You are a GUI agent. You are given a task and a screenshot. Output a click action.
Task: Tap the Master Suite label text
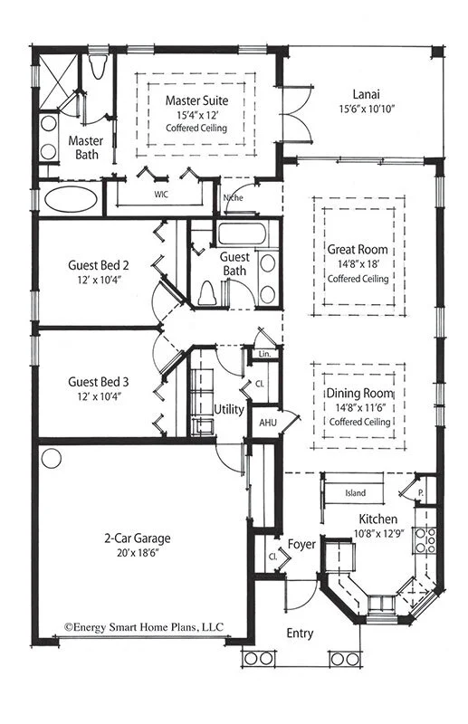tap(196, 100)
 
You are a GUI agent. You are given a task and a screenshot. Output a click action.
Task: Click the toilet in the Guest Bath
tap(209, 291)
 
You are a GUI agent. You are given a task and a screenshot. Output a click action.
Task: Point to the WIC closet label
tap(161, 194)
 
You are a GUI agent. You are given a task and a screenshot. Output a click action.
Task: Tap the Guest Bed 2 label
tap(99, 266)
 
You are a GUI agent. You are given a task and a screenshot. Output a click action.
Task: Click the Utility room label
tap(228, 410)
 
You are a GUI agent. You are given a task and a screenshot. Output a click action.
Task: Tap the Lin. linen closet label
tap(265, 354)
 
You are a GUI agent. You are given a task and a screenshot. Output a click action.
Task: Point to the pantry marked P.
tap(422, 493)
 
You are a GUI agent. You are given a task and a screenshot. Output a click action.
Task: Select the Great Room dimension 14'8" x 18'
tap(358, 264)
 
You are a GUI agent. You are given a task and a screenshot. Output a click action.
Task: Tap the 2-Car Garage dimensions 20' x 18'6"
tap(137, 554)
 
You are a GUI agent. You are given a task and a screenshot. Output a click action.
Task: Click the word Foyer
tap(301, 545)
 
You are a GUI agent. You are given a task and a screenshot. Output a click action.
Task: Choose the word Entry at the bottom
tap(300, 633)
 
